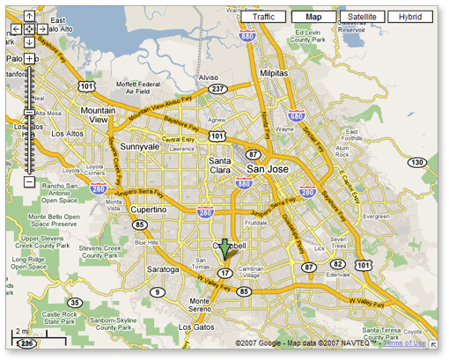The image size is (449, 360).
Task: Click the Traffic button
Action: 263,17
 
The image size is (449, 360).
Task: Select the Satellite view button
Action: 362,17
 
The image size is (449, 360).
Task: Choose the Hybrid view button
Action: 410,17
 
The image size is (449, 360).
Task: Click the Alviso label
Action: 209,77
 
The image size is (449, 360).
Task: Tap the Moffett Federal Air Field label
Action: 138,85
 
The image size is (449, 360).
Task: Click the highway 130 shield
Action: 418,163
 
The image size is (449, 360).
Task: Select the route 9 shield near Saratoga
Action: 158,291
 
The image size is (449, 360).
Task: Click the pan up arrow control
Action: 29,16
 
